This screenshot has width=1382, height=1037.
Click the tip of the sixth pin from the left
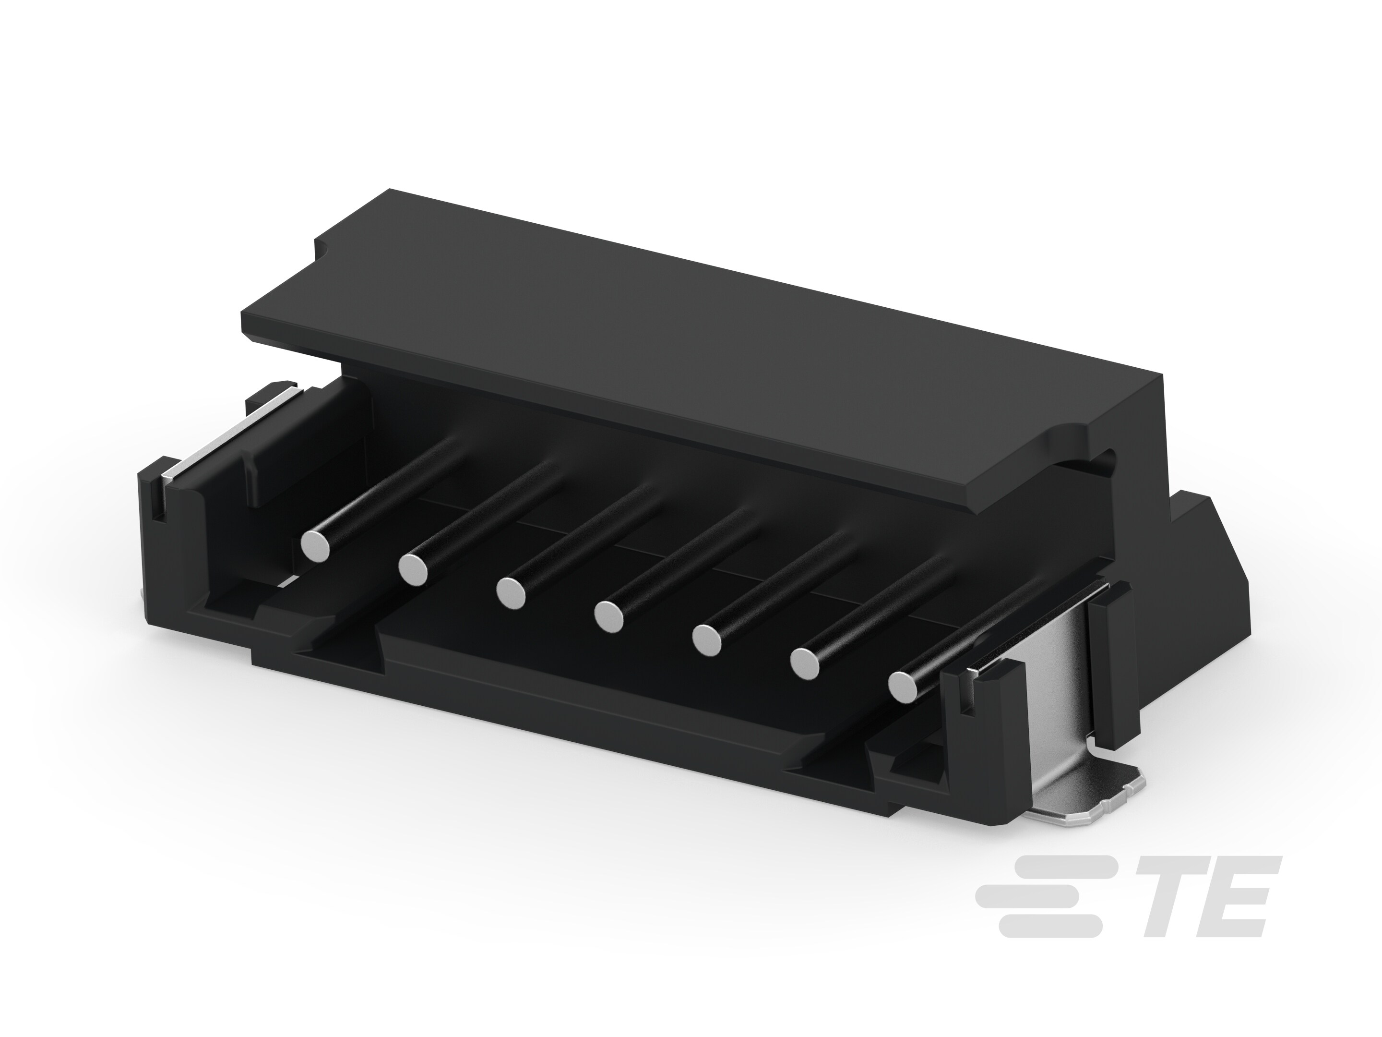[805, 663]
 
